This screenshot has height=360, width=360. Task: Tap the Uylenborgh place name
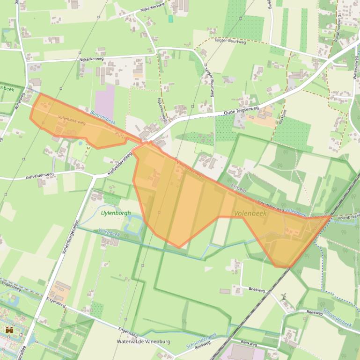click(x=116, y=213)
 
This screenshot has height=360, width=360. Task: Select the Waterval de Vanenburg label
click(x=144, y=342)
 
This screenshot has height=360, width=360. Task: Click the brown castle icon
click(x=9, y=330)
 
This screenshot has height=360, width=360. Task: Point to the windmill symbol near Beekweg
click(x=284, y=296)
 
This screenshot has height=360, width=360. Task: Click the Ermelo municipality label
click(x=239, y=188)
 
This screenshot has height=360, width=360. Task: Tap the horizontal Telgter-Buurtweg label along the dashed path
click(x=230, y=41)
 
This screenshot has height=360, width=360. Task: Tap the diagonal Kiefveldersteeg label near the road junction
click(x=121, y=166)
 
